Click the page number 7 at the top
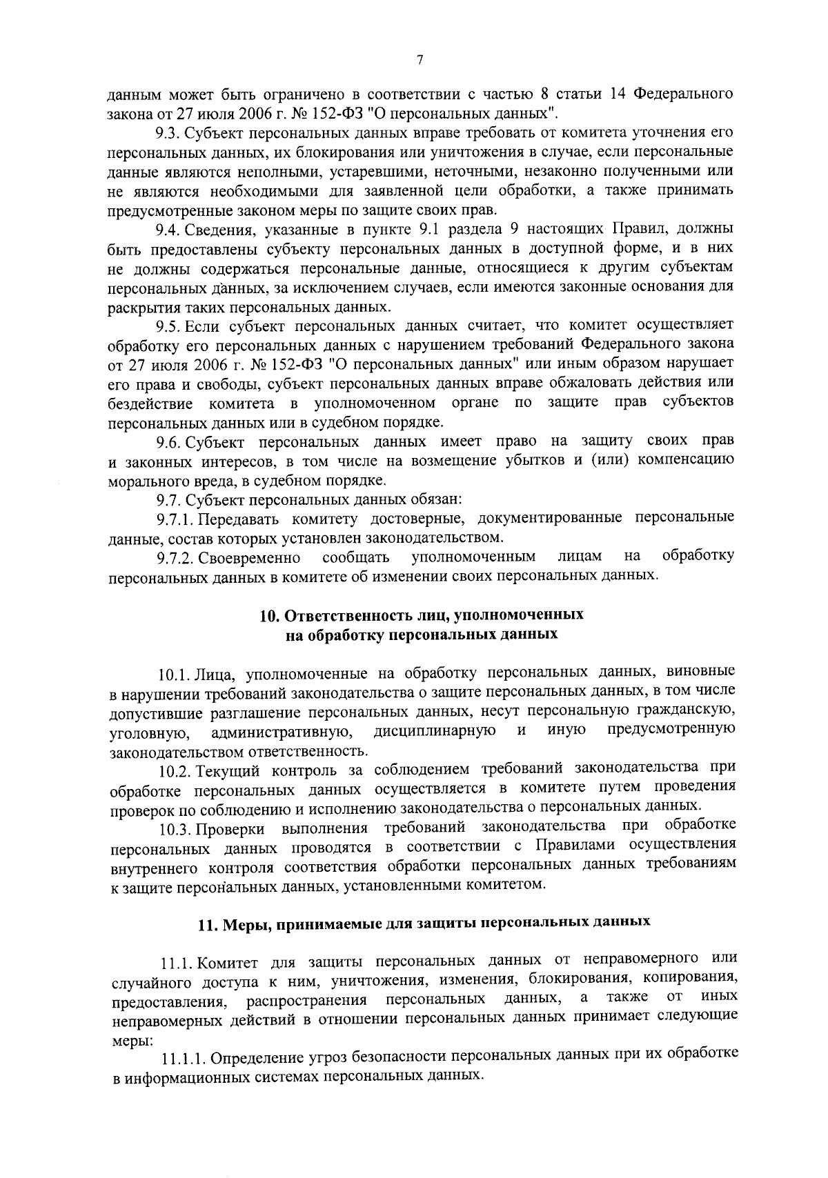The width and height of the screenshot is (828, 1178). pos(420,61)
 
